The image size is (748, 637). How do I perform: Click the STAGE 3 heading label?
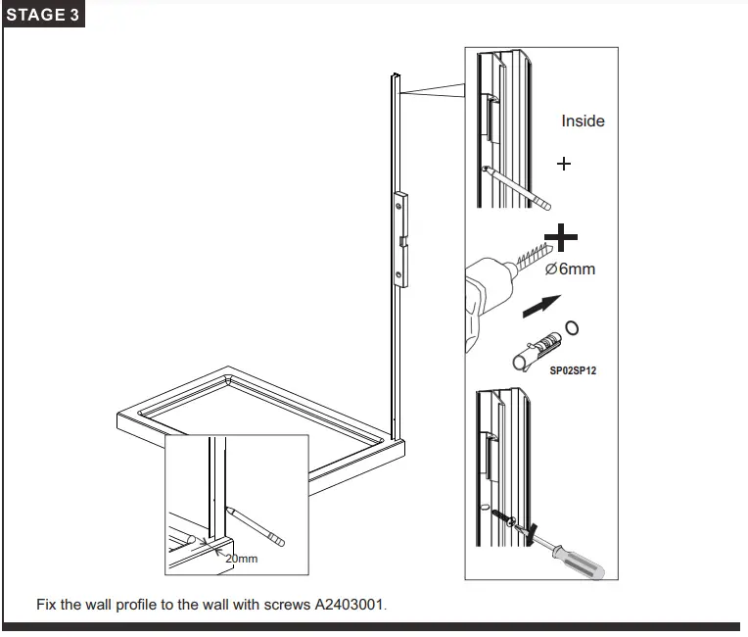[43, 17]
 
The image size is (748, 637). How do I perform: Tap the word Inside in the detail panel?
[583, 122]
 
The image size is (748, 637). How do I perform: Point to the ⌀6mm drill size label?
[570, 268]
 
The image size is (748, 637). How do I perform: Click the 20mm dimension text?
[241, 559]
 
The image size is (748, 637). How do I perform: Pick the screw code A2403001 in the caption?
[350, 605]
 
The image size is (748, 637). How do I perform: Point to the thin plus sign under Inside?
[564, 164]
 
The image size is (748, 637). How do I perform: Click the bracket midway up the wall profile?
[401, 239]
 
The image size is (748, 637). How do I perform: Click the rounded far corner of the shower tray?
[227, 376]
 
